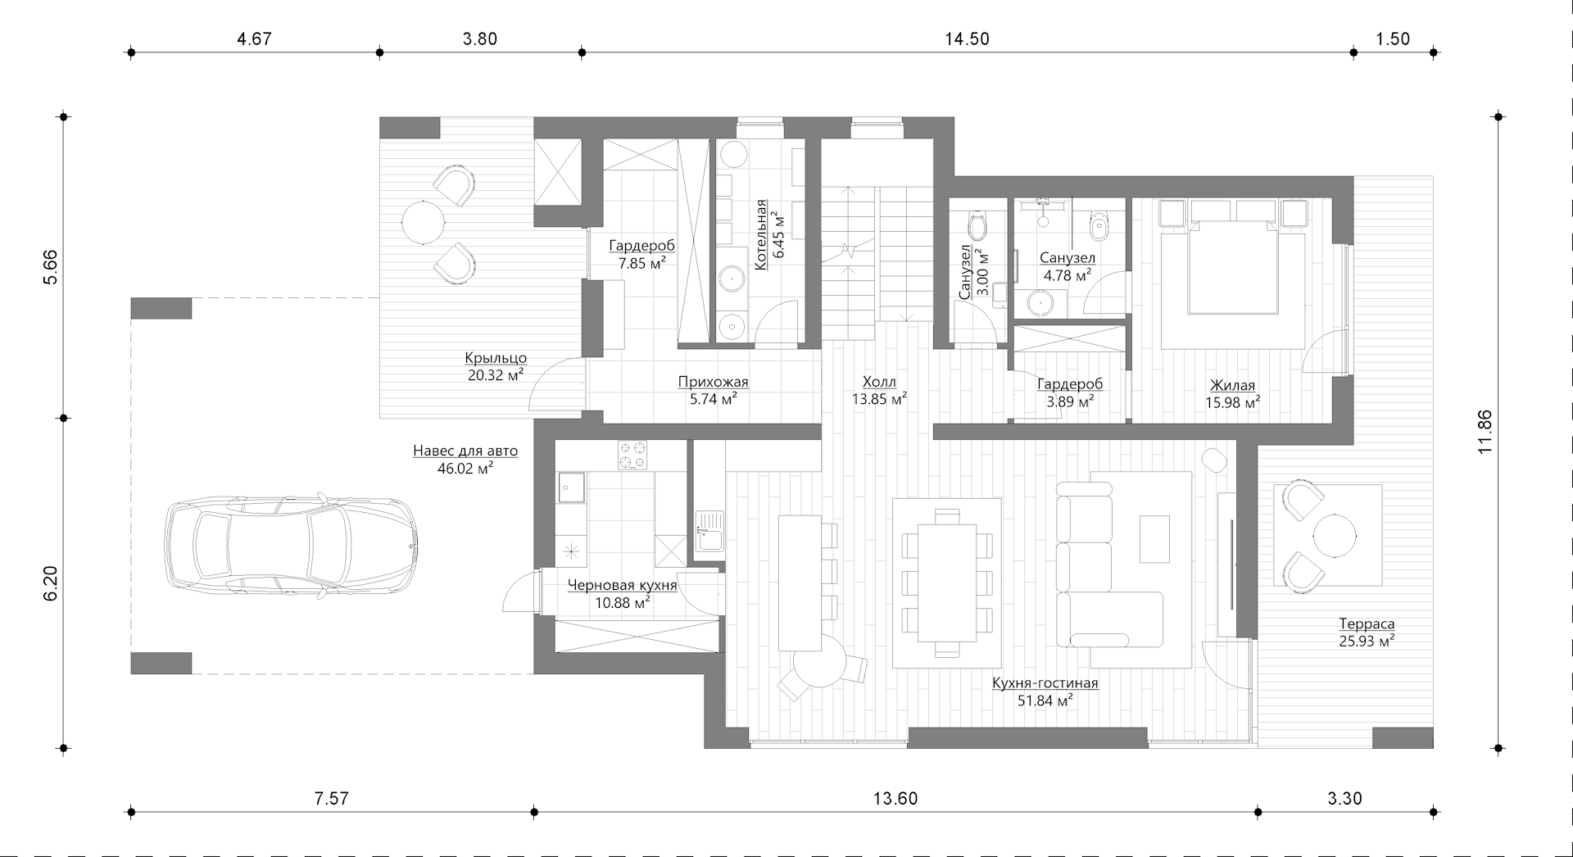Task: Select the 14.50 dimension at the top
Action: tap(967, 39)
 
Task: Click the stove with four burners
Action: tap(632, 456)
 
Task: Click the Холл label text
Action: tap(879, 382)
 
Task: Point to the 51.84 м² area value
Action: tap(1045, 701)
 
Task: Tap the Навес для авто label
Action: tap(465, 451)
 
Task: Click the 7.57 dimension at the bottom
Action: tap(331, 798)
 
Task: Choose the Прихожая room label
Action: tap(713, 382)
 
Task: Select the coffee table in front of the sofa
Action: tap(1154, 538)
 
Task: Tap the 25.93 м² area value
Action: tap(1367, 642)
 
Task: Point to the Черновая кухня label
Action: tap(623, 585)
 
